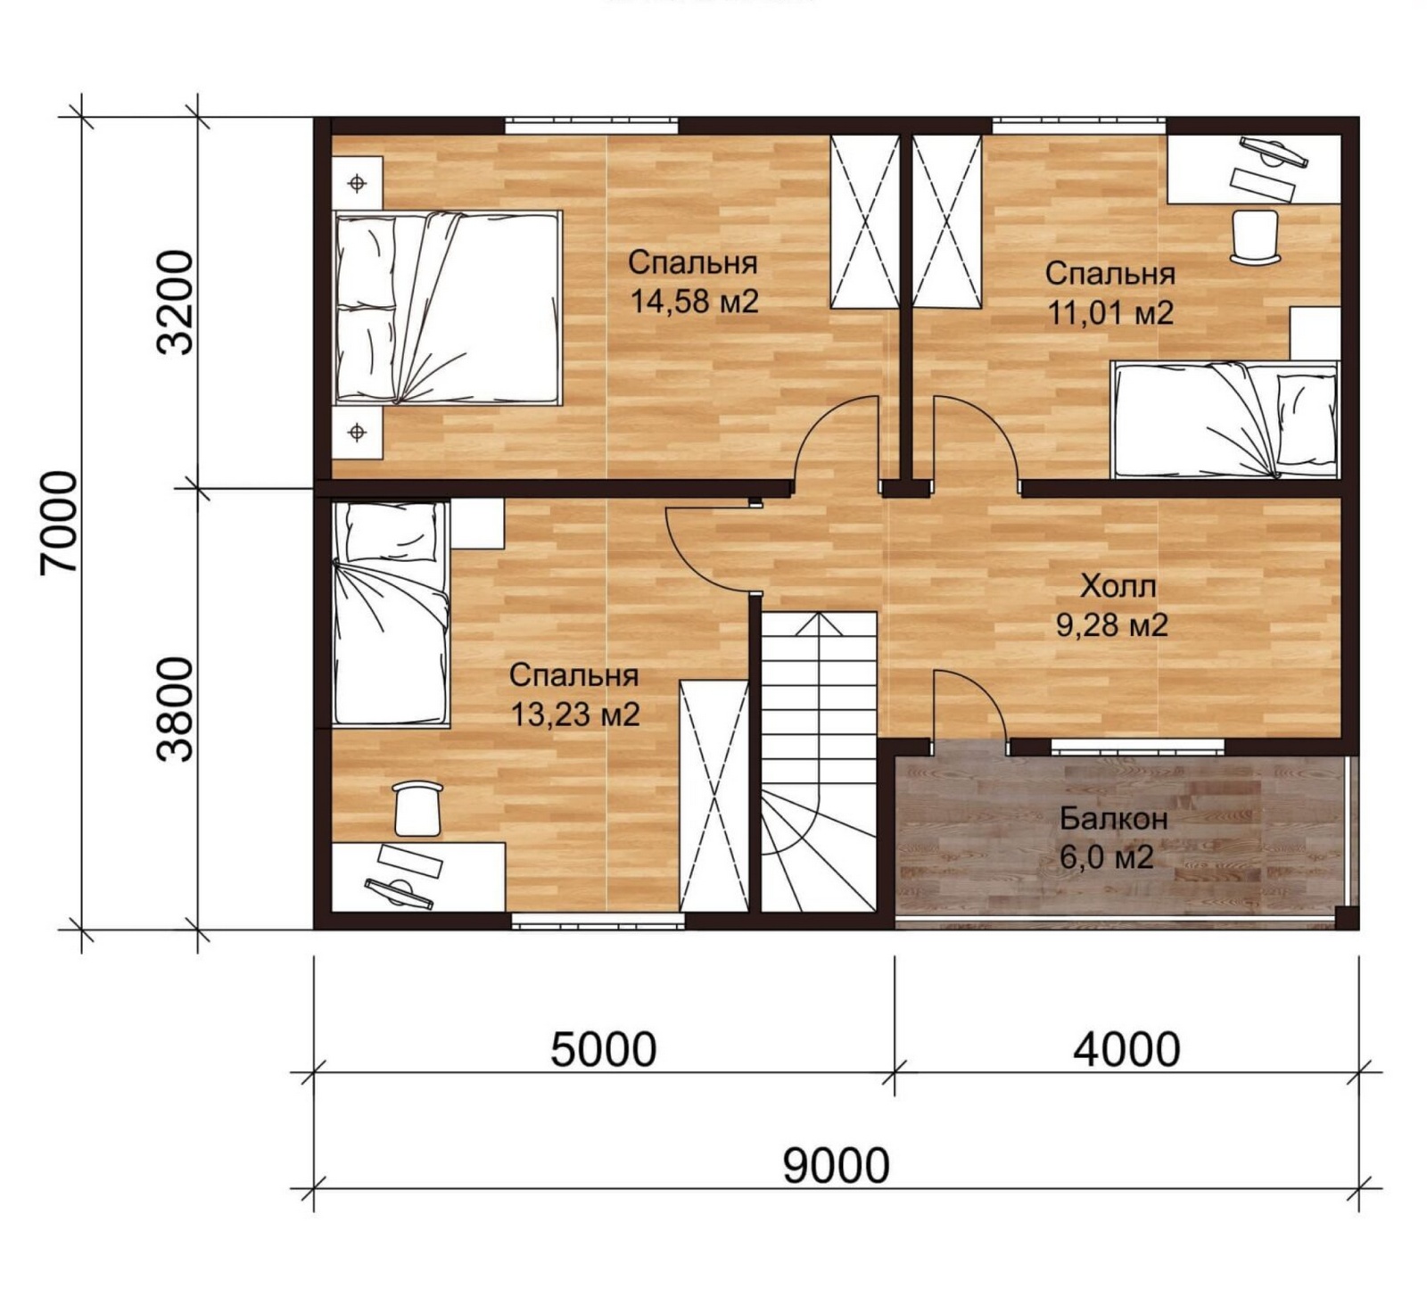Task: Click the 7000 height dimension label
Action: (x=60, y=524)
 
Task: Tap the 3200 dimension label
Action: (x=175, y=302)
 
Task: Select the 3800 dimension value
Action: (x=175, y=709)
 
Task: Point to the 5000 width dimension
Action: (x=604, y=1049)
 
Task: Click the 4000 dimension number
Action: (x=1126, y=1049)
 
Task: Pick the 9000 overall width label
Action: (x=837, y=1165)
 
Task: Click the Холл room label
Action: (x=1118, y=586)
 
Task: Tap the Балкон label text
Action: (x=1114, y=818)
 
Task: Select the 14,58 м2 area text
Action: (x=694, y=302)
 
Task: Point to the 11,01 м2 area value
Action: (x=1110, y=313)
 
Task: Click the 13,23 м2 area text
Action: (x=575, y=714)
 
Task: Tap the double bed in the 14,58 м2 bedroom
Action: (x=448, y=308)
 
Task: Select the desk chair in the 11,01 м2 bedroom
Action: (x=1255, y=236)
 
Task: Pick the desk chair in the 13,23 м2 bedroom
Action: (x=417, y=808)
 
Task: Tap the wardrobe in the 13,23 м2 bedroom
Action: (x=713, y=796)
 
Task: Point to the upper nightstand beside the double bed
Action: (x=358, y=184)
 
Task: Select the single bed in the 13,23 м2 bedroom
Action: (x=391, y=614)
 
